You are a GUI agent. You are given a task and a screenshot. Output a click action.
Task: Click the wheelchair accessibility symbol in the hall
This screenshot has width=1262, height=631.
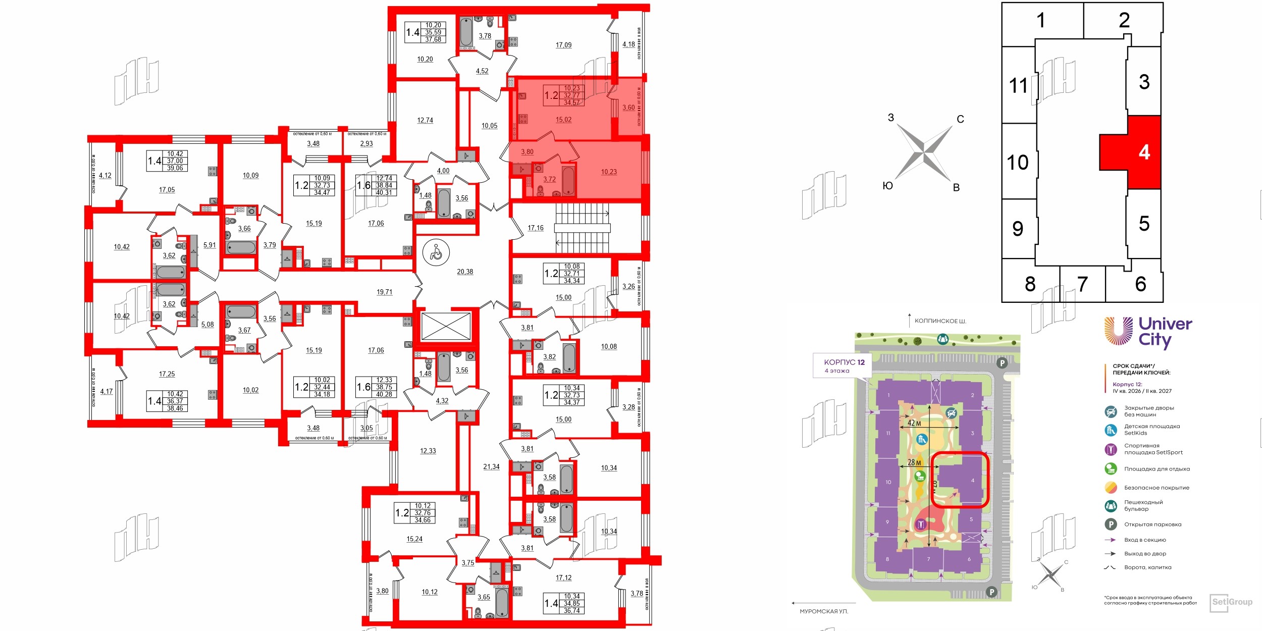coord(436,251)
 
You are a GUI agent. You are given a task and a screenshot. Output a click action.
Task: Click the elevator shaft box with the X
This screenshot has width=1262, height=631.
coord(446,326)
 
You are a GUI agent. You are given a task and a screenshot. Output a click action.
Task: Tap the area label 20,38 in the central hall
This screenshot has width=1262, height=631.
coord(465,272)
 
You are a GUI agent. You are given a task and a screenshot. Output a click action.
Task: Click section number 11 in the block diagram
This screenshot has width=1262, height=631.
coord(1018,85)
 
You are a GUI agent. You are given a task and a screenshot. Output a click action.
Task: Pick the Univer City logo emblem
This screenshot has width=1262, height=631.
coord(1118,331)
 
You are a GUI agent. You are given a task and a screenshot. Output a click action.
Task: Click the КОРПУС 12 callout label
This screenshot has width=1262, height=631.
coord(844,362)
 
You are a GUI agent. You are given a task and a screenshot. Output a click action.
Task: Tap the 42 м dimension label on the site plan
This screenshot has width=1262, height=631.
coord(914,423)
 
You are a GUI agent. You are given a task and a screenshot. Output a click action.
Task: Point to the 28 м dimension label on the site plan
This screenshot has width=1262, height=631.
coord(914,462)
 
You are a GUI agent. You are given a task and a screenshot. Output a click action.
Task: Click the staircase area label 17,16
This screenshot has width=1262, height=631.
coord(536,228)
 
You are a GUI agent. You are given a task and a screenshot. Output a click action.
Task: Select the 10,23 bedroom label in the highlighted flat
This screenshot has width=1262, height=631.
coord(609,172)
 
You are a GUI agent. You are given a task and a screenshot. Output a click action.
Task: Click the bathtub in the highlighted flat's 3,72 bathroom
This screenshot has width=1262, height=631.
coord(568,181)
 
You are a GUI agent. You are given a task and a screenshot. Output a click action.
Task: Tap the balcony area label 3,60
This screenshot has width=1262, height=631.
coord(628,108)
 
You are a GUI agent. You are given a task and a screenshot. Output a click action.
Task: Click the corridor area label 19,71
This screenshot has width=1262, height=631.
coord(384,292)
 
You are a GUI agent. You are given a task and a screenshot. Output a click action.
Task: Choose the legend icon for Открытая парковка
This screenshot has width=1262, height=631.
coord(1111,524)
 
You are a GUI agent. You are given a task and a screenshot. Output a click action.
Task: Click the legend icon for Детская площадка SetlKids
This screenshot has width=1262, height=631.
coord(1111,430)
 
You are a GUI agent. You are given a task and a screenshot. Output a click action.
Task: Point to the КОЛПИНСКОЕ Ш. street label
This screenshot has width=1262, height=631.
coord(940,321)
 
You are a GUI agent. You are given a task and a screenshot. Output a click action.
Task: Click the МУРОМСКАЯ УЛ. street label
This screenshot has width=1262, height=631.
coord(824,611)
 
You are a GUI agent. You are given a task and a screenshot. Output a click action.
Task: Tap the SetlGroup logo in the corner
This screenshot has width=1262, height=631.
coord(1232,602)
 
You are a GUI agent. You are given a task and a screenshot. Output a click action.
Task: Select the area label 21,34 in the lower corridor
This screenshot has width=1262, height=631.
coord(491,467)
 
